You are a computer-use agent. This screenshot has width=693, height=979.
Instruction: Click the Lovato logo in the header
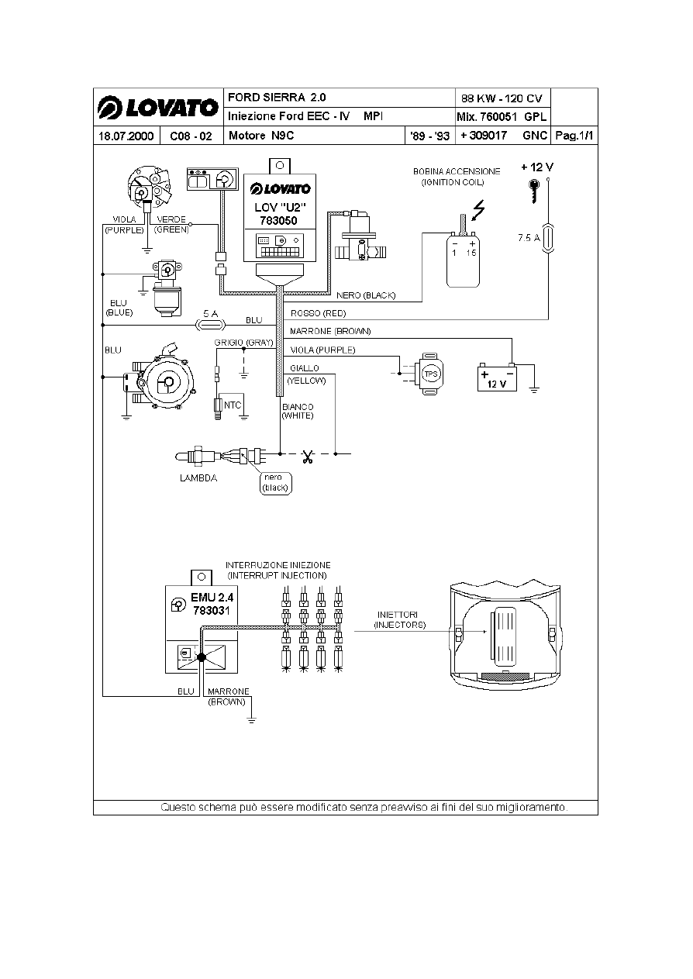pos(157,108)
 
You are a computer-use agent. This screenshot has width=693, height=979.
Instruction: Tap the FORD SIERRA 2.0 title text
pos(277,98)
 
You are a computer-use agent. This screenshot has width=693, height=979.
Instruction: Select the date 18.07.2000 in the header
pos(126,136)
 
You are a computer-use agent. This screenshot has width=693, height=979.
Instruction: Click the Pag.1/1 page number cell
pos(574,136)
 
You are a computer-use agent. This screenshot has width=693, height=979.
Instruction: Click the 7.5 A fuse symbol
pos(548,238)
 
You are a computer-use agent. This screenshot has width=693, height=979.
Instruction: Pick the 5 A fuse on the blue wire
pos(211,325)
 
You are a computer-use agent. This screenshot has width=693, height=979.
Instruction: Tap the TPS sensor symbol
pos(431,374)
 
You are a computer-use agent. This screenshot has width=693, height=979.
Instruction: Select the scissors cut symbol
pos(308,457)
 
